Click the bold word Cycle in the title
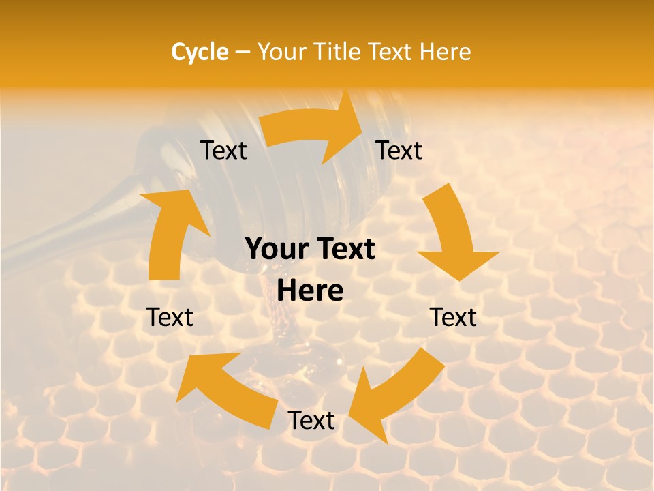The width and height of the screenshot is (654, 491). pyautogui.click(x=199, y=52)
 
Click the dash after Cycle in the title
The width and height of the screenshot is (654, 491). pyautogui.click(x=243, y=52)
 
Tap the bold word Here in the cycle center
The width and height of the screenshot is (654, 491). pyautogui.click(x=310, y=291)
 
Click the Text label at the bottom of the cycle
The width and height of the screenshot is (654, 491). pyautogui.click(x=311, y=421)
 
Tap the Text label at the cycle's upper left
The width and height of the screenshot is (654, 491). pyautogui.click(x=223, y=150)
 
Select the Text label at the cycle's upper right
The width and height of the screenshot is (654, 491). pyautogui.click(x=399, y=150)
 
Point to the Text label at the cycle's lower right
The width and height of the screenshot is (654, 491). pyautogui.click(x=453, y=317)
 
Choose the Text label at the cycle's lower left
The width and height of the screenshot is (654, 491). pyautogui.click(x=170, y=317)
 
